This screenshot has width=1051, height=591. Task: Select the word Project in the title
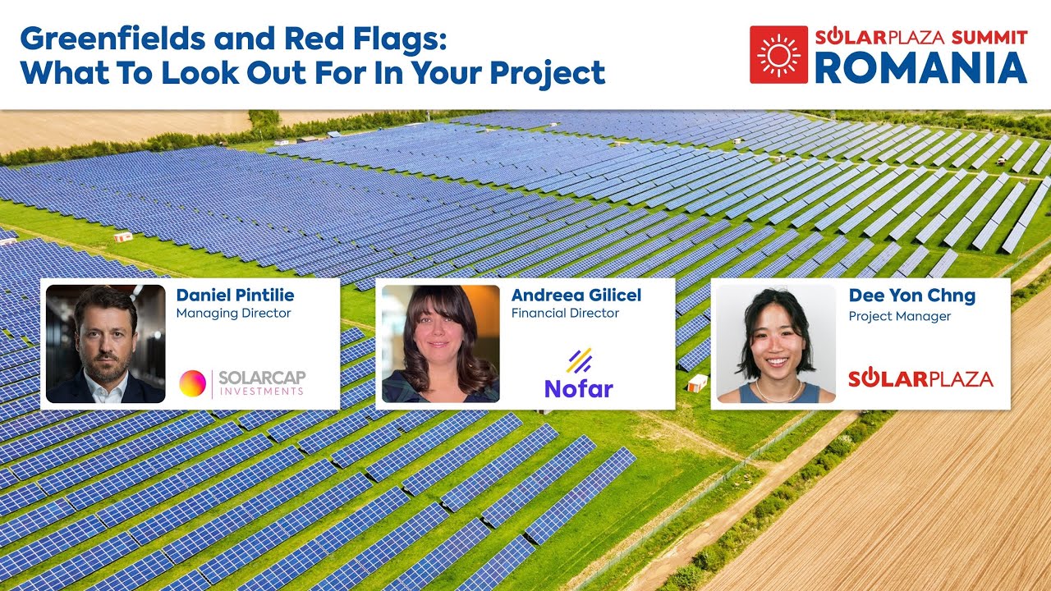pos(548,74)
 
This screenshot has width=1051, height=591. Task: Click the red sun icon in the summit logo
pos(778,54)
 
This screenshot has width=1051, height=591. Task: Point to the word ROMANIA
pos(920,69)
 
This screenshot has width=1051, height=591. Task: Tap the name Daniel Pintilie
pos(235,295)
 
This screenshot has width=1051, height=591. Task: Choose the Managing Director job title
pos(233,313)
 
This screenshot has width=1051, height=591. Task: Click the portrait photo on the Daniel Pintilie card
pos(105,344)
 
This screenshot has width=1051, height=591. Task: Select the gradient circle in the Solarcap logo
pos(193,383)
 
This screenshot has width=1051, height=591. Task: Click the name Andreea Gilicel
pos(576,295)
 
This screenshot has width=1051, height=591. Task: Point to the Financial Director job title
pos(565,313)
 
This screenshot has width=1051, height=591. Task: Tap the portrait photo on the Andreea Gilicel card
pos(440,344)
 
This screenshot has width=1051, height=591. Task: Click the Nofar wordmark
pos(579,388)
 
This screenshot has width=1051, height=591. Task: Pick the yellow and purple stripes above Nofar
pos(579,361)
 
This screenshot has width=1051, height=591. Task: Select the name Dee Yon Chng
pos(911,295)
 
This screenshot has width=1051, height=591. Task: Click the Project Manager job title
pos(899,316)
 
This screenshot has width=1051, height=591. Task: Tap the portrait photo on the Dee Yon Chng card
pos(776,344)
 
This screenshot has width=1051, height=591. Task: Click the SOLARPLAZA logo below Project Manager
pos(920,378)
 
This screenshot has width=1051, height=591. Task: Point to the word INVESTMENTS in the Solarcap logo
pos(262,392)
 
